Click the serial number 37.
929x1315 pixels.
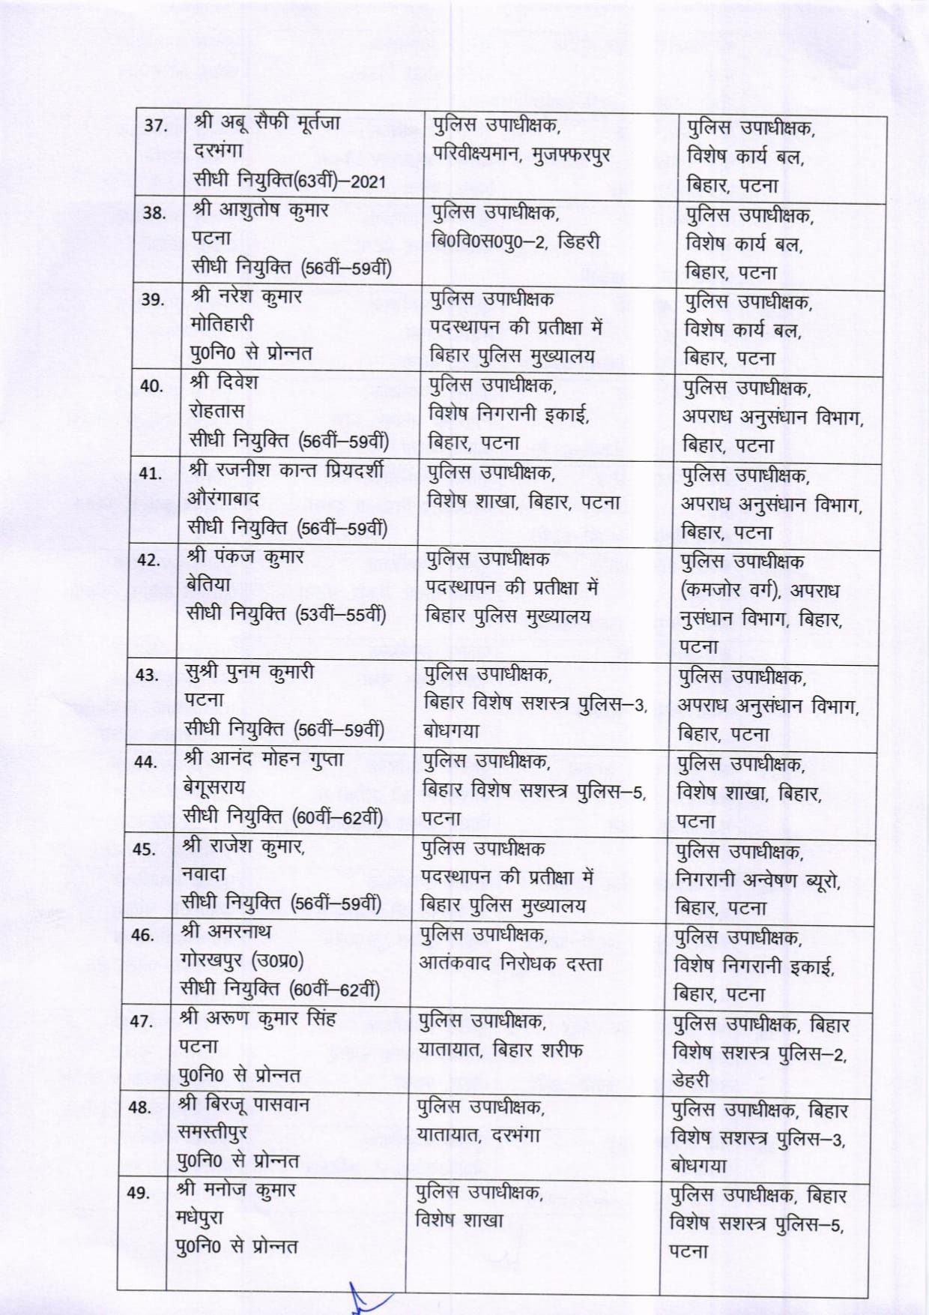[x=155, y=126]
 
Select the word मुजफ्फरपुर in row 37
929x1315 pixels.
[x=571, y=154]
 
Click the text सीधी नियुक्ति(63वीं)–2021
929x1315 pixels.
[x=289, y=181]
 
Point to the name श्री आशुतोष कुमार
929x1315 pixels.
[x=260, y=210]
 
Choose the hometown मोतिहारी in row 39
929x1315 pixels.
[x=223, y=325]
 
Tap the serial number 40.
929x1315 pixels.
[x=151, y=386]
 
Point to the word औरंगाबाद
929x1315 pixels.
[x=223, y=499]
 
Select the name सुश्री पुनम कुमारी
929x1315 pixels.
[x=249, y=671]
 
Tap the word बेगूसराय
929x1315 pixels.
[x=214, y=786]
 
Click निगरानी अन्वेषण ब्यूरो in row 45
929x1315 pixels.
[x=757, y=879]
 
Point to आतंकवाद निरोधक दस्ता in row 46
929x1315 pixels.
[x=510, y=963]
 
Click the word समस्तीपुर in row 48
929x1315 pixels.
[x=212, y=1132]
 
